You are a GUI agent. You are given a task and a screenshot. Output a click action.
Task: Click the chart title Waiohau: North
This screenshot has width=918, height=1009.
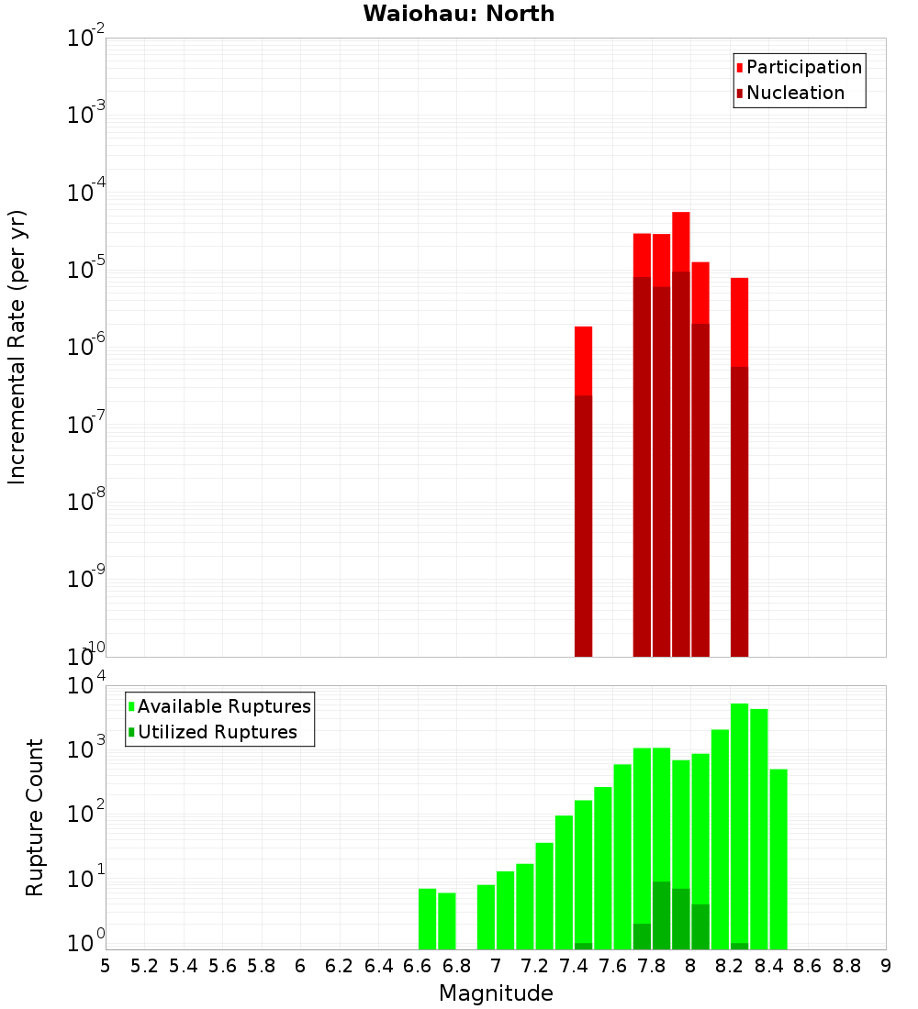(458, 14)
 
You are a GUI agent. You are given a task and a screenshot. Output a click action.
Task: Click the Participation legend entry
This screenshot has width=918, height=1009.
(803, 68)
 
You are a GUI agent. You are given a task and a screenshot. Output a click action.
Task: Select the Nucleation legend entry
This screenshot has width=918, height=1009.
(794, 94)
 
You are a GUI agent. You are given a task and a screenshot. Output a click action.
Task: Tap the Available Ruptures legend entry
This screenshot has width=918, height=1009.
(223, 707)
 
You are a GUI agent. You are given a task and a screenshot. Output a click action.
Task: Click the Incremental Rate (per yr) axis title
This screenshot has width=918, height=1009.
(17, 347)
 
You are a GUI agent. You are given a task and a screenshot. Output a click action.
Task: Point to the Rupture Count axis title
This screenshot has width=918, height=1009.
(35, 817)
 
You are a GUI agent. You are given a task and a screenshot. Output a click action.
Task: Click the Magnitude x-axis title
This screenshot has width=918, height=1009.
(496, 993)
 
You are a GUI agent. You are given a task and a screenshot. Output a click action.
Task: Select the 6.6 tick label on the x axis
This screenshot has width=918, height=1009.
(418, 966)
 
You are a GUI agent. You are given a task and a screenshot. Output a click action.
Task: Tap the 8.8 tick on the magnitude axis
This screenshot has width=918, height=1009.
(846, 966)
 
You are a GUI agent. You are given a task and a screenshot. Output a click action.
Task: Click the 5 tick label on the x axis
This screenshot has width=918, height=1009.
(106, 966)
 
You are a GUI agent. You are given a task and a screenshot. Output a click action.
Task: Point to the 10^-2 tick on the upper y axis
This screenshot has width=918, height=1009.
(86, 39)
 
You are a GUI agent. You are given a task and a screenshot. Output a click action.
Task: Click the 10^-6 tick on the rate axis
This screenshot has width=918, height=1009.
(86, 348)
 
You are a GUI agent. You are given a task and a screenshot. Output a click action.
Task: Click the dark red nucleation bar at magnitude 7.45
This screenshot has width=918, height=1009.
(583, 523)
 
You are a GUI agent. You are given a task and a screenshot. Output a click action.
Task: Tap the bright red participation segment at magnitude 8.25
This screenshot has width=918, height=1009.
(739, 321)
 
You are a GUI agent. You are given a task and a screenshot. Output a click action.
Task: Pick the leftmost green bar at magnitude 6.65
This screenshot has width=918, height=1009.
(427, 917)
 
